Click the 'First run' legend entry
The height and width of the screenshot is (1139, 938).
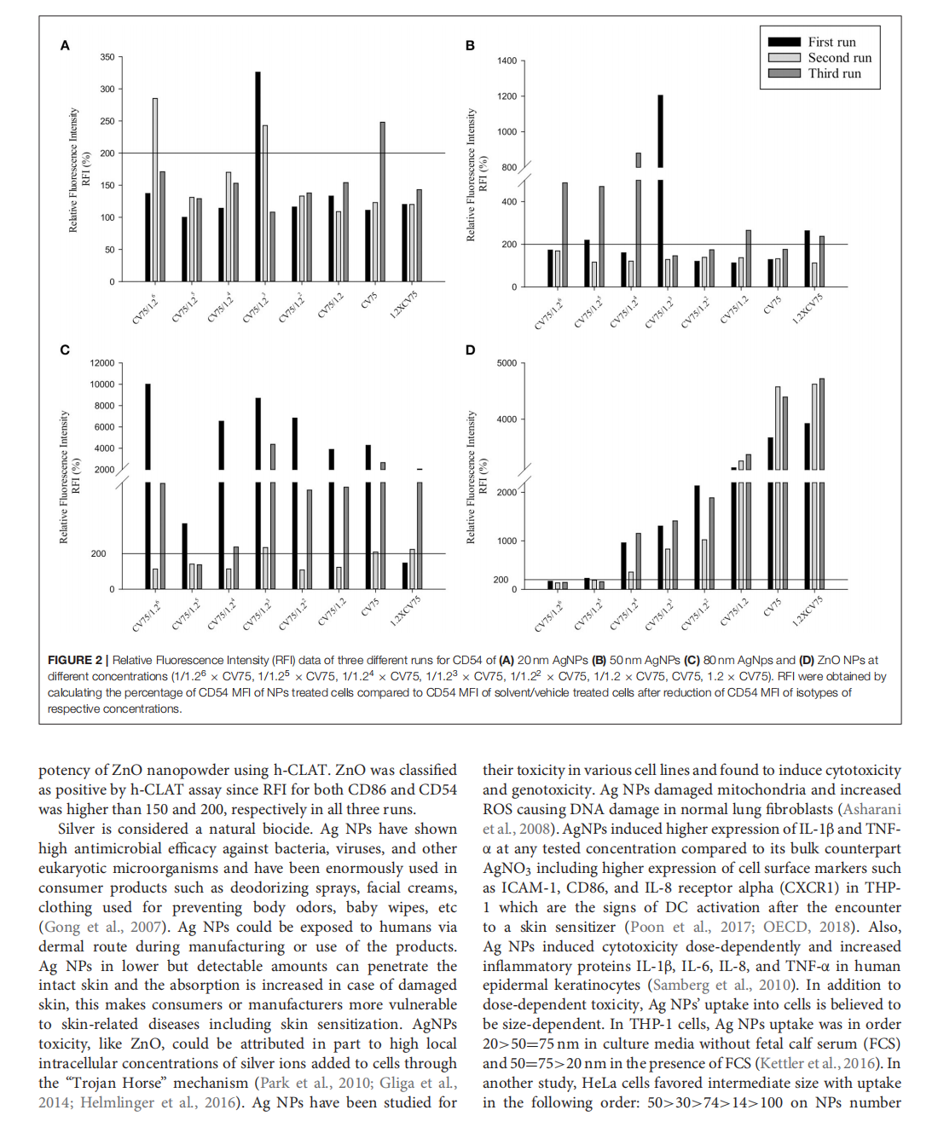(x=831, y=42)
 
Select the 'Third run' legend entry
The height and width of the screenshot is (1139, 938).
(x=834, y=73)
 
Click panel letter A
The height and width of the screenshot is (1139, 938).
(x=65, y=45)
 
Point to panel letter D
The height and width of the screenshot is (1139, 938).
(x=470, y=350)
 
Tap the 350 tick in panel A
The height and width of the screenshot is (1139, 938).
(x=107, y=57)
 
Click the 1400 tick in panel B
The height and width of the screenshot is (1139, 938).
(x=507, y=61)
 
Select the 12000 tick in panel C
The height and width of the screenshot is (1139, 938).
(x=102, y=363)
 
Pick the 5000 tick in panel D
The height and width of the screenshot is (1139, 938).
(x=507, y=363)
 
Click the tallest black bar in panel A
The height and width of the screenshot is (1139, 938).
(x=258, y=176)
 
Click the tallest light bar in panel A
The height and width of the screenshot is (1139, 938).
(x=155, y=189)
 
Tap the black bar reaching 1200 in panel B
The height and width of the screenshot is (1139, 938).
(x=660, y=131)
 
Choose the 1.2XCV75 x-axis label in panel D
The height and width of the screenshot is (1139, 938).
(x=808, y=610)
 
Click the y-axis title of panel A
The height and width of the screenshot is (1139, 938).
(x=79, y=170)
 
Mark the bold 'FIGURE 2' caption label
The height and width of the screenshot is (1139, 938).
(x=75, y=660)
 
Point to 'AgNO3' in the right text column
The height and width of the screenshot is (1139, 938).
(x=508, y=869)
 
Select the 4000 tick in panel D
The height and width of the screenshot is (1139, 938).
(x=507, y=419)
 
